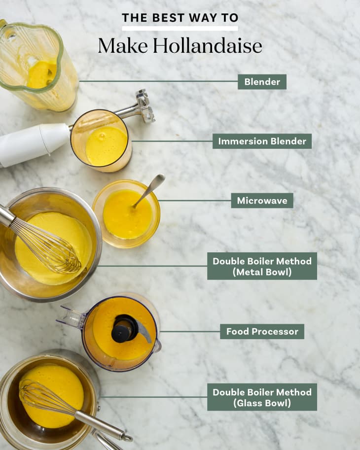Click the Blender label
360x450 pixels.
[x=262, y=82]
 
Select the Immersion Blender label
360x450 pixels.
[x=262, y=141]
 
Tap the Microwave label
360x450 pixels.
[x=262, y=200]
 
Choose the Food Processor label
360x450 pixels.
[x=262, y=332]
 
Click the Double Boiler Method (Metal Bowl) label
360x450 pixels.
[x=262, y=266]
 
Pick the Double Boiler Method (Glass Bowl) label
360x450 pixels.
[x=262, y=397]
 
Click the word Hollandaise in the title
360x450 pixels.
[x=207, y=46]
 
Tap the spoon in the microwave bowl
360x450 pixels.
[x=149, y=190]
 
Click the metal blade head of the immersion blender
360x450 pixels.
[x=144, y=105]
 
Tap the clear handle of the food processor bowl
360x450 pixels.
[x=71, y=317]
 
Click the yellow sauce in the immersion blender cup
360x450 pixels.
[x=106, y=146]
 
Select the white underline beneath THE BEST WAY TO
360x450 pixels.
[x=180, y=29]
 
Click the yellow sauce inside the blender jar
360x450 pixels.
[x=41, y=74]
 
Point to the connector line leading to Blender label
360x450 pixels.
[x=158, y=81]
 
